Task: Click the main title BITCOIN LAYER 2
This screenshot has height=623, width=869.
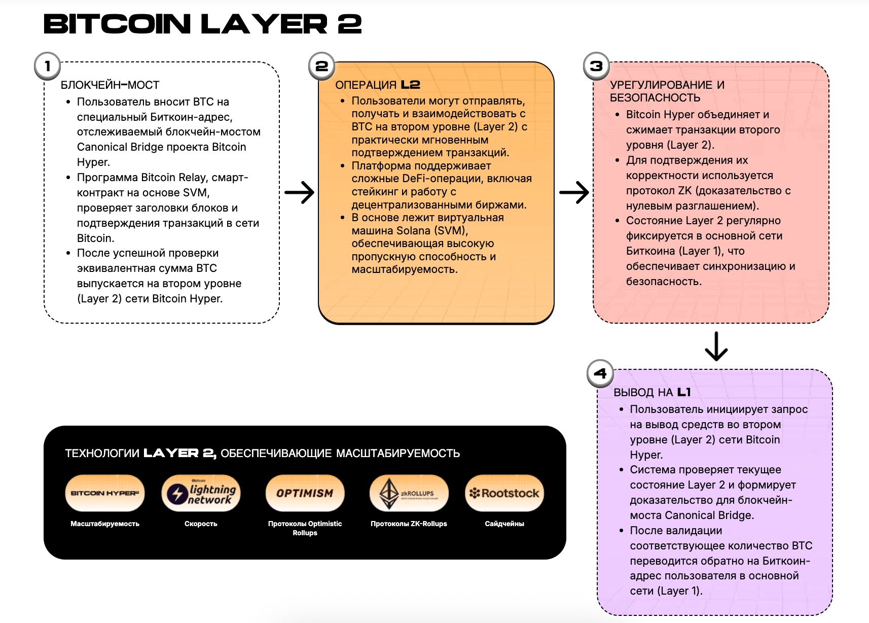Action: click(x=202, y=24)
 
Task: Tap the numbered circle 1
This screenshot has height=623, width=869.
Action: click(x=47, y=66)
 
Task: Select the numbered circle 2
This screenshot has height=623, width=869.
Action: click(x=321, y=66)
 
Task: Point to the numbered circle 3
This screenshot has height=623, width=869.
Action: click(x=596, y=66)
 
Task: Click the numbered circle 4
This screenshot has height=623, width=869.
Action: click(x=600, y=373)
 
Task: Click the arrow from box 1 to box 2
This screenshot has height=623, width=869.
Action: click(x=299, y=192)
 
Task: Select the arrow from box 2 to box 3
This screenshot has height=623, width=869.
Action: click(x=574, y=192)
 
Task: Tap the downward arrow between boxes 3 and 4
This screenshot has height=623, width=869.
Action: click(x=716, y=346)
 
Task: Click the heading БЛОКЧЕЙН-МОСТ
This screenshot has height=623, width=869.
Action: click(x=110, y=85)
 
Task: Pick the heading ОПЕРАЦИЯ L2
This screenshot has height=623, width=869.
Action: click(x=378, y=85)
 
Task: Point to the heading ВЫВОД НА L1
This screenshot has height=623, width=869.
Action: click(x=652, y=393)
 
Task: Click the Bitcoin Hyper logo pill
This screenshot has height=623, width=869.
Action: click(x=105, y=493)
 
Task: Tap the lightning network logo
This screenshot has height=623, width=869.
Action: click(x=201, y=493)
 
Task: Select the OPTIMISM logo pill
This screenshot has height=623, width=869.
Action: click(x=305, y=493)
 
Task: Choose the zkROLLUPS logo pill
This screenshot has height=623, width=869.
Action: click(x=409, y=493)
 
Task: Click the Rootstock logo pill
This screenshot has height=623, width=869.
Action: click(x=504, y=493)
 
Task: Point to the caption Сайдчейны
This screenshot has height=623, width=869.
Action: click(x=504, y=524)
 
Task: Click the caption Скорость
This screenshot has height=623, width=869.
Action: click(x=201, y=524)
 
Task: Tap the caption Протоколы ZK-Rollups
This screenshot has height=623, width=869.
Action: click(x=409, y=524)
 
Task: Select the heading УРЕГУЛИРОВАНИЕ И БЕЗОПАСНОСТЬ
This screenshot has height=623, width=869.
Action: click(x=667, y=91)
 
